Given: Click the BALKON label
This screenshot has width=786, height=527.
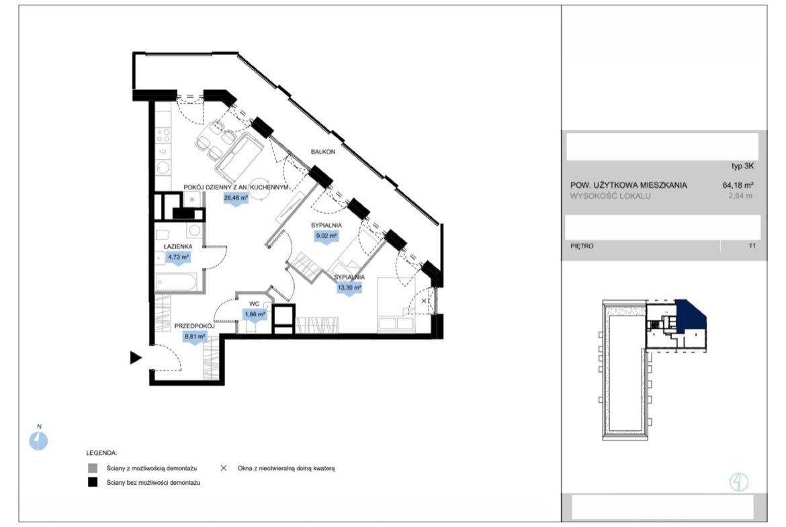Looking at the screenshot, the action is tap(323, 151).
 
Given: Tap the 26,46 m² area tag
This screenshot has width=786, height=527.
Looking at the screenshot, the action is tap(236, 198).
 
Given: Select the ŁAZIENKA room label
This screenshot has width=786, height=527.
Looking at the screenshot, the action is tap(178, 246).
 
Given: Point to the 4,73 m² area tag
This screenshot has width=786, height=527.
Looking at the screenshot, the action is tap(179, 258).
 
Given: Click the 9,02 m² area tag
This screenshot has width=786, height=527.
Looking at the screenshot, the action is tap(326, 236).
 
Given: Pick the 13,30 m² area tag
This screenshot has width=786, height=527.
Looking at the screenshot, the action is tap(349, 289).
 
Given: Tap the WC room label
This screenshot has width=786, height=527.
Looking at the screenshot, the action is tap(254, 304).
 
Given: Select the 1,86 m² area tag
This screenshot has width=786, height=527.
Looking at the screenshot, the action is tap(255, 315).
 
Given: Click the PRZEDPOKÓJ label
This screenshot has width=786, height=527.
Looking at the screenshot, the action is tap(195, 326).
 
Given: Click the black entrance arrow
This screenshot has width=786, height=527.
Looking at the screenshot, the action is tap(135, 358).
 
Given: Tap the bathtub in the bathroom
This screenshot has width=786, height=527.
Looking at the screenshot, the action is tap(175, 281).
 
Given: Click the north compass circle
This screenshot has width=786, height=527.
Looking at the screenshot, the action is tap(38, 441).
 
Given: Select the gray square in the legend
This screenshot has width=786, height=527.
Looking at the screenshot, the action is tap(93, 469).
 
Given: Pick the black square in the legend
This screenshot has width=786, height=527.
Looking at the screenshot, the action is tap(93, 483).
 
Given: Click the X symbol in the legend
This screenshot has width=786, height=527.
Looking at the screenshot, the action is tap(224, 468).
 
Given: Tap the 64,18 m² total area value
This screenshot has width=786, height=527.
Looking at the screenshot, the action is tap(738, 185).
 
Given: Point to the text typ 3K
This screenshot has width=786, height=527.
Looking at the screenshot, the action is tap(743, 166).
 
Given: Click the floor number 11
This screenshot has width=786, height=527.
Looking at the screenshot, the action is tap(752, 246).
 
